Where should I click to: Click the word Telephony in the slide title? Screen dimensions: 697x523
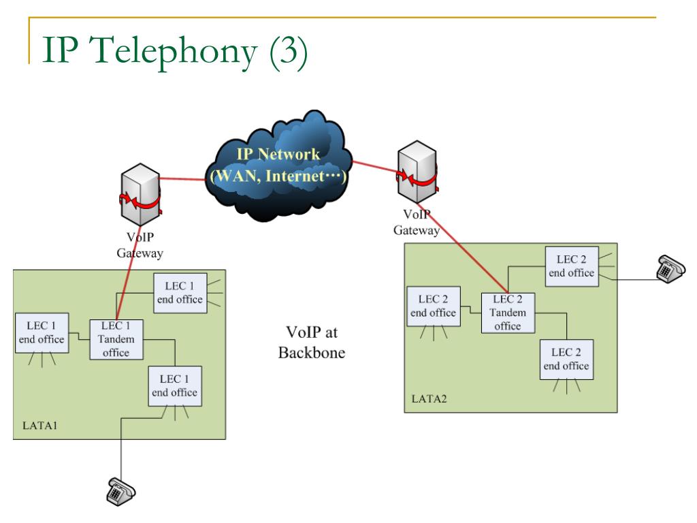click(x=174, y=52)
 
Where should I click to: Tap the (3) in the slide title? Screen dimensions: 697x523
click(x=289, y=52)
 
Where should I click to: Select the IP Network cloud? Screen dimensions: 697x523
click(x=279, y=165)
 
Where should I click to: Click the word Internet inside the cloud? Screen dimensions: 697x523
click(x=295, y=176)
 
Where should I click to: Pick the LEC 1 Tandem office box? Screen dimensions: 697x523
click(x=116, y=339)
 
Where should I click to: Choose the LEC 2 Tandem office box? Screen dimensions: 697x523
click(x=508, y=313)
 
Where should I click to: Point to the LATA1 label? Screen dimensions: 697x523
click(x=40, y=426)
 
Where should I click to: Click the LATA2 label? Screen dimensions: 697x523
click(x=429, y=399)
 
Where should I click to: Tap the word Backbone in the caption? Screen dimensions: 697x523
click(x=312, y=353)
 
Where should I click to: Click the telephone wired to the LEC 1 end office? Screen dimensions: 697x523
click(x=121, y=492)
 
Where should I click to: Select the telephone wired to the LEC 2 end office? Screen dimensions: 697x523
click(x=671, y=269)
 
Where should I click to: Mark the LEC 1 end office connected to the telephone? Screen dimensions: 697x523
click(x=175, y=386)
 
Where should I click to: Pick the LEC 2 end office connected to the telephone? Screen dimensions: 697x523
click(x=572, y=266)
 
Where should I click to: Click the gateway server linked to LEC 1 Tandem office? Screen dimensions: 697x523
click(x=140, y=194)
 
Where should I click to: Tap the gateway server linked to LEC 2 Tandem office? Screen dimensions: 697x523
click(x=417, y=172)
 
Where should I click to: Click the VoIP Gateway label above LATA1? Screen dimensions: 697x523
click(x=140, y=245)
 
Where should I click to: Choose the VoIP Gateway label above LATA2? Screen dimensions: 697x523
click(x=417, y=223)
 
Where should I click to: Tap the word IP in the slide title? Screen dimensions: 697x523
click(x=61, y=50)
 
